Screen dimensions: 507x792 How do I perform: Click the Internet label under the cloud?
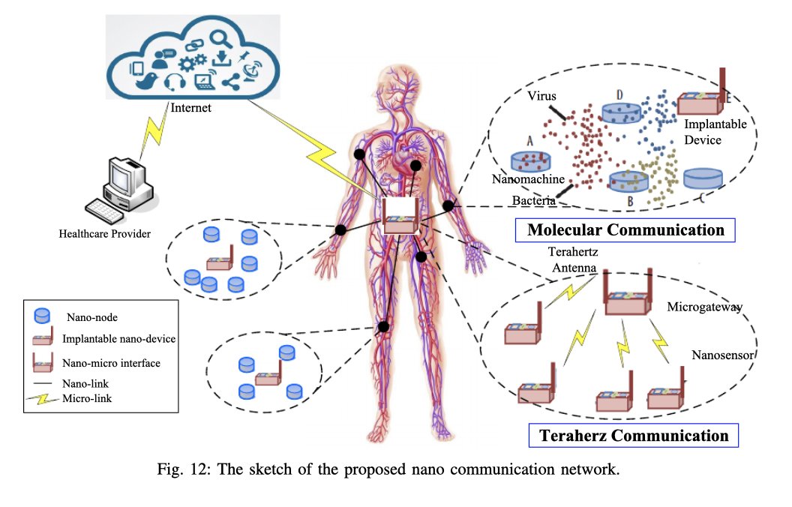pos(191,108)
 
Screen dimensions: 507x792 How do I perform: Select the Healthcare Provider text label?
pos(105,234)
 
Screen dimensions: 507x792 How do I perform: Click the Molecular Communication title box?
pos(625,229)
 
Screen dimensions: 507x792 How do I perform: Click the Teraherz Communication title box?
pos(634,436)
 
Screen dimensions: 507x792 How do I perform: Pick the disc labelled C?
pos(703,178)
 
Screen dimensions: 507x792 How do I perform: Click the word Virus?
pos(541,97)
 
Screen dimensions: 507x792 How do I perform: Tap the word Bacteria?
pos(534,201)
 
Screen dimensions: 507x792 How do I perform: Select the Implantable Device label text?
pos(715,133)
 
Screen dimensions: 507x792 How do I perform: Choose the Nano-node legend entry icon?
pos(43,316)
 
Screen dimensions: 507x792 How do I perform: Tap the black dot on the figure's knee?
pos(383,326)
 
